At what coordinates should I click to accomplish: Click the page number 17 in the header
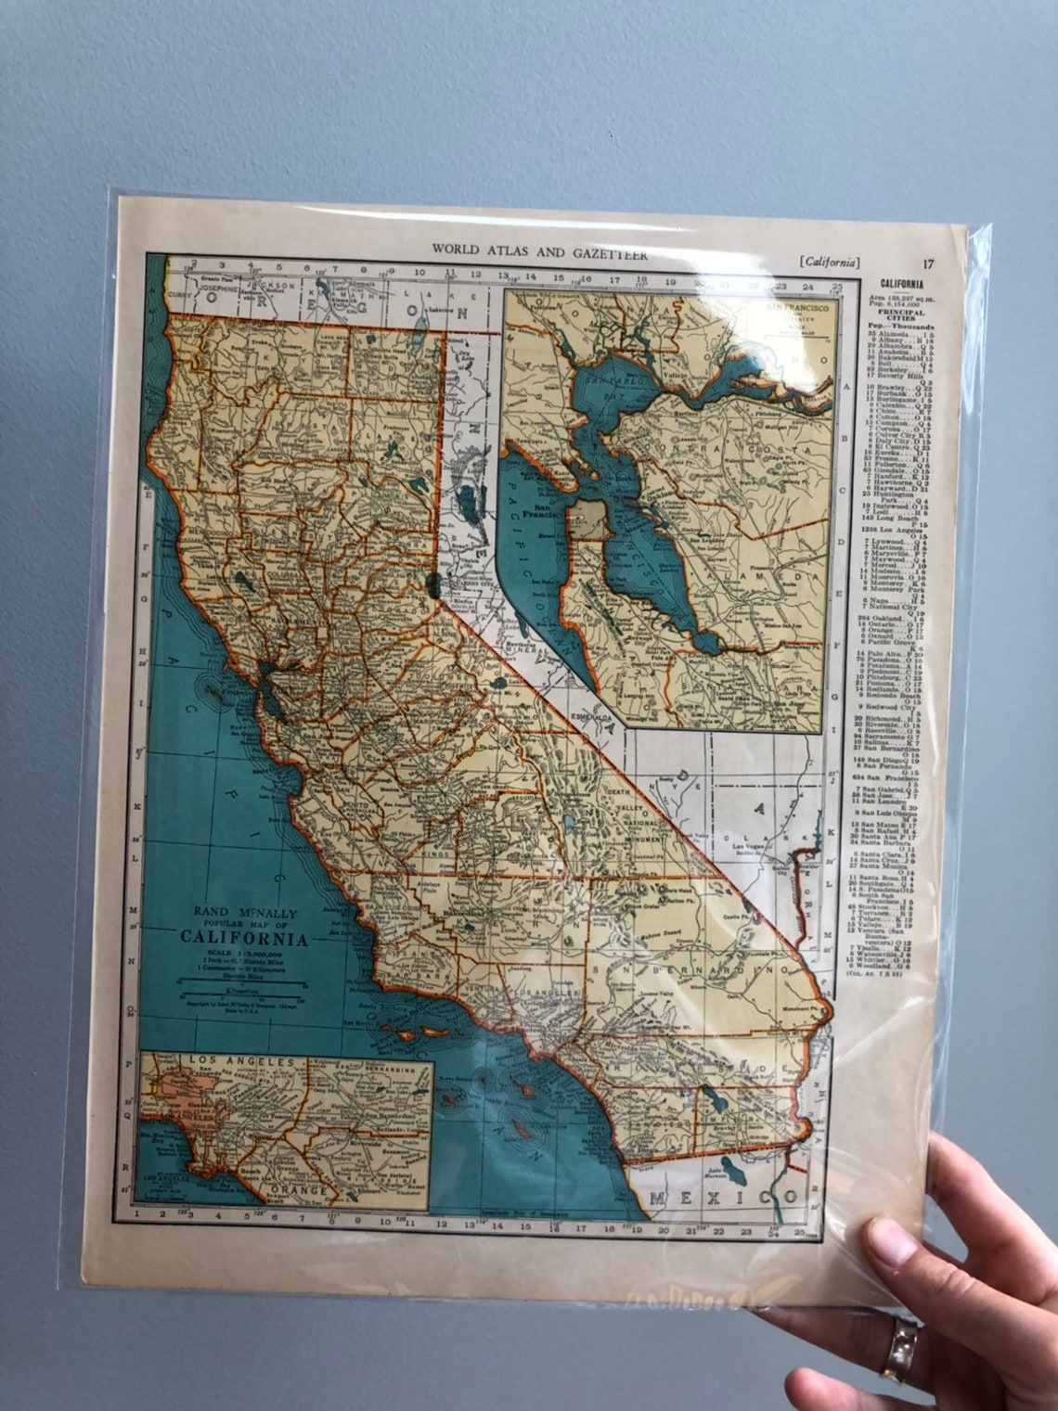click(x=929, y=263)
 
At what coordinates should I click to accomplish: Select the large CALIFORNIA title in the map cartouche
click(x=245, y=936)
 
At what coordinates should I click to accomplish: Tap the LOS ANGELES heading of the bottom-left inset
click(x=241, y=1060)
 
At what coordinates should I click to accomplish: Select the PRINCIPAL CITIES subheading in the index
click(x=895, y=318)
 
